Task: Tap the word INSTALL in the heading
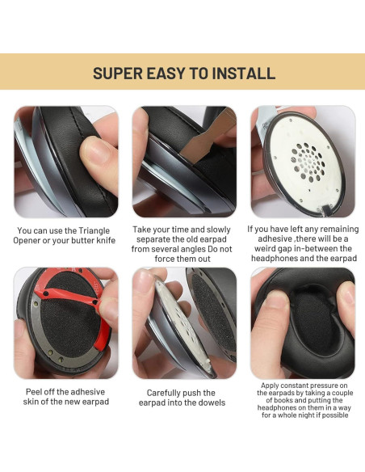point(241,74)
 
